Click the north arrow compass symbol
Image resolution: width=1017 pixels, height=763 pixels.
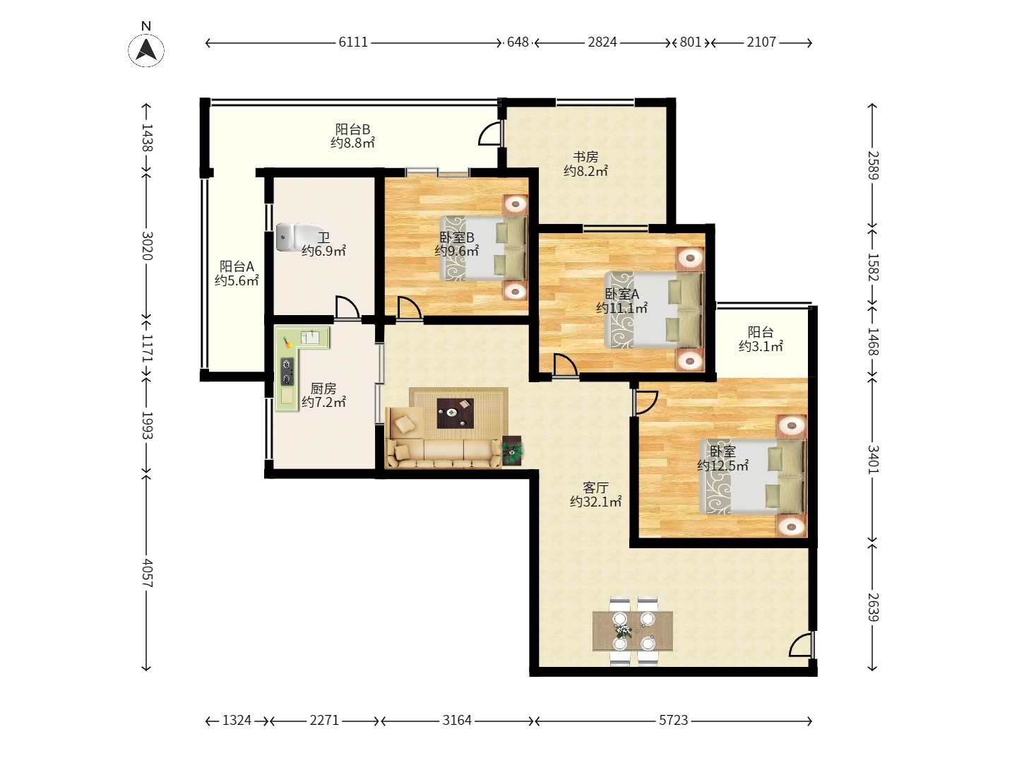146,49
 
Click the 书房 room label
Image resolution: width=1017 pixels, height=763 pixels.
585,157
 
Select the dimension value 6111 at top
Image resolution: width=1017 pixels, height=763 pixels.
353,42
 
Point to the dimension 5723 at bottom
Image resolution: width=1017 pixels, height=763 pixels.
673,721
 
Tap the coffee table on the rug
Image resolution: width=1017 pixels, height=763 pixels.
456,413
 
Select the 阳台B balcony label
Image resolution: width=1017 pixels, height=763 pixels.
352,129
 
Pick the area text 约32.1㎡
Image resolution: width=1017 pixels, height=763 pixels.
595,502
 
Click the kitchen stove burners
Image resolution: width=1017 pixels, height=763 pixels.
287,372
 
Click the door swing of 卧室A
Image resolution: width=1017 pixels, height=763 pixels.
564,365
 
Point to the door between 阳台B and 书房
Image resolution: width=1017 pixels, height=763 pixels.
490,134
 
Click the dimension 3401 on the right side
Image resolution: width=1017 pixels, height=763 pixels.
873,459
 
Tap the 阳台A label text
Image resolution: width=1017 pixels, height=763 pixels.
237,266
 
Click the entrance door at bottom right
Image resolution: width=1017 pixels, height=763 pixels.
801,646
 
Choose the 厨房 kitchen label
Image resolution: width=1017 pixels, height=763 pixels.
323,389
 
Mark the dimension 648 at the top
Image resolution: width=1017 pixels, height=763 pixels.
518,42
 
